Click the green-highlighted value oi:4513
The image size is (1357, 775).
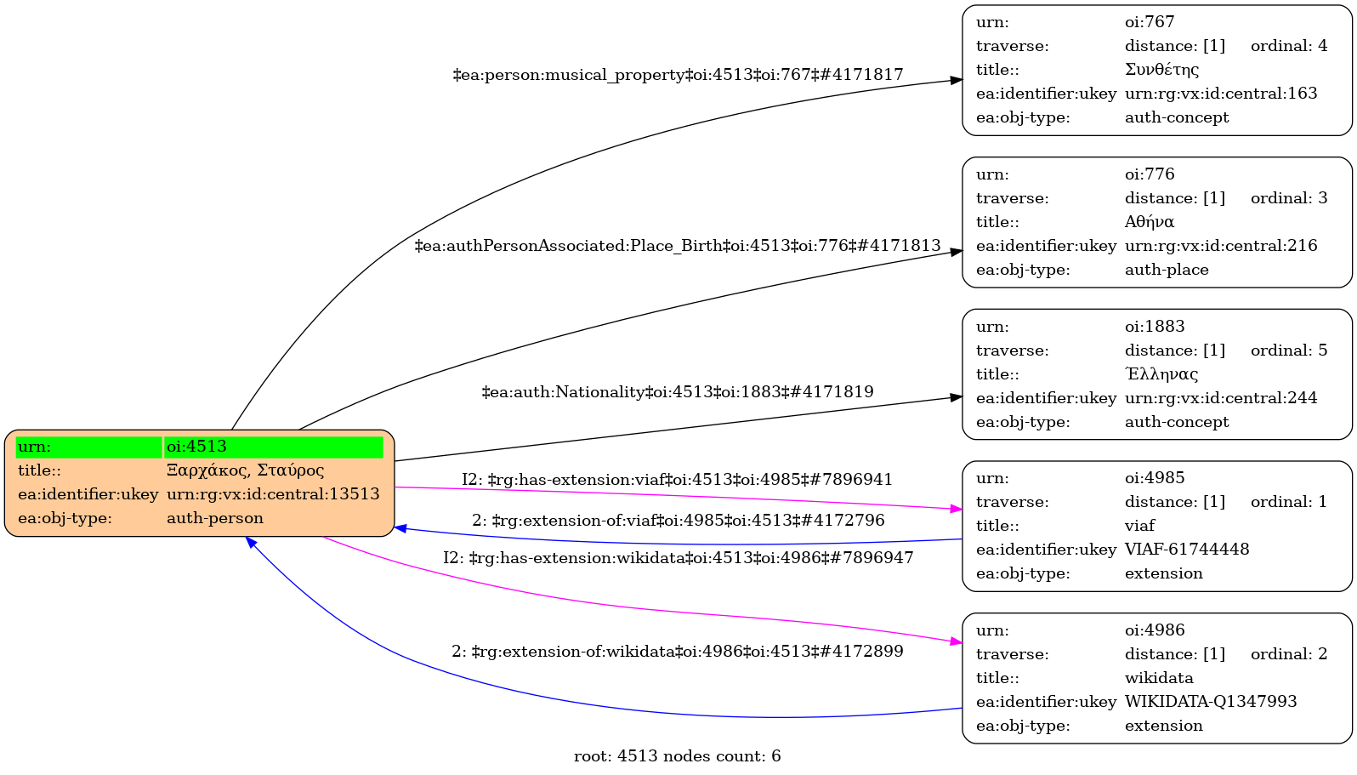196,447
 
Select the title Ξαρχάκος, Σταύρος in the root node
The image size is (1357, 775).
245,470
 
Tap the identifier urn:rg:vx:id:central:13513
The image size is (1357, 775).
273,494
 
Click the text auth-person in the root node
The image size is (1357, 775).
215,518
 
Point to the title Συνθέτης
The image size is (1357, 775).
1161,70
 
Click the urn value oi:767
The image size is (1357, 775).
1150,22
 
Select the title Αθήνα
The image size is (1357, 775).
1150,222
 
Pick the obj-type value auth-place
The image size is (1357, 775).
1167,270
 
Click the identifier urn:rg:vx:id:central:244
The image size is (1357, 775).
1221,398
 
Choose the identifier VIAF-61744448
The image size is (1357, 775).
1187,550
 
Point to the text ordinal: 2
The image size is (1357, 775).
1289,654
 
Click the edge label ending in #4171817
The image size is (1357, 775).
678,75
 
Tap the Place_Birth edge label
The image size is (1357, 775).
678,246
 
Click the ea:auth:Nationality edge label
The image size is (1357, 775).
678,392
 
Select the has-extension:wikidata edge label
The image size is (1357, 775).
678,558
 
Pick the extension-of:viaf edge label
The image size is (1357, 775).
678,520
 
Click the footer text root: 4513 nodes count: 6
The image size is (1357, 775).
678,756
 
